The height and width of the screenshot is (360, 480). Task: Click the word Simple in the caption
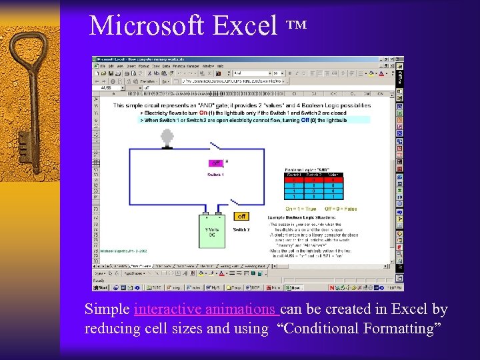click(x=107, y=309)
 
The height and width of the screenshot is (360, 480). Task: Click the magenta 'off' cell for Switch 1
click(x=215, y=163)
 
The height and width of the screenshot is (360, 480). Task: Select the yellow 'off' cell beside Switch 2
click(x=241, y=216)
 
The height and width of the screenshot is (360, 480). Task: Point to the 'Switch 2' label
click(x=241, y=229)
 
